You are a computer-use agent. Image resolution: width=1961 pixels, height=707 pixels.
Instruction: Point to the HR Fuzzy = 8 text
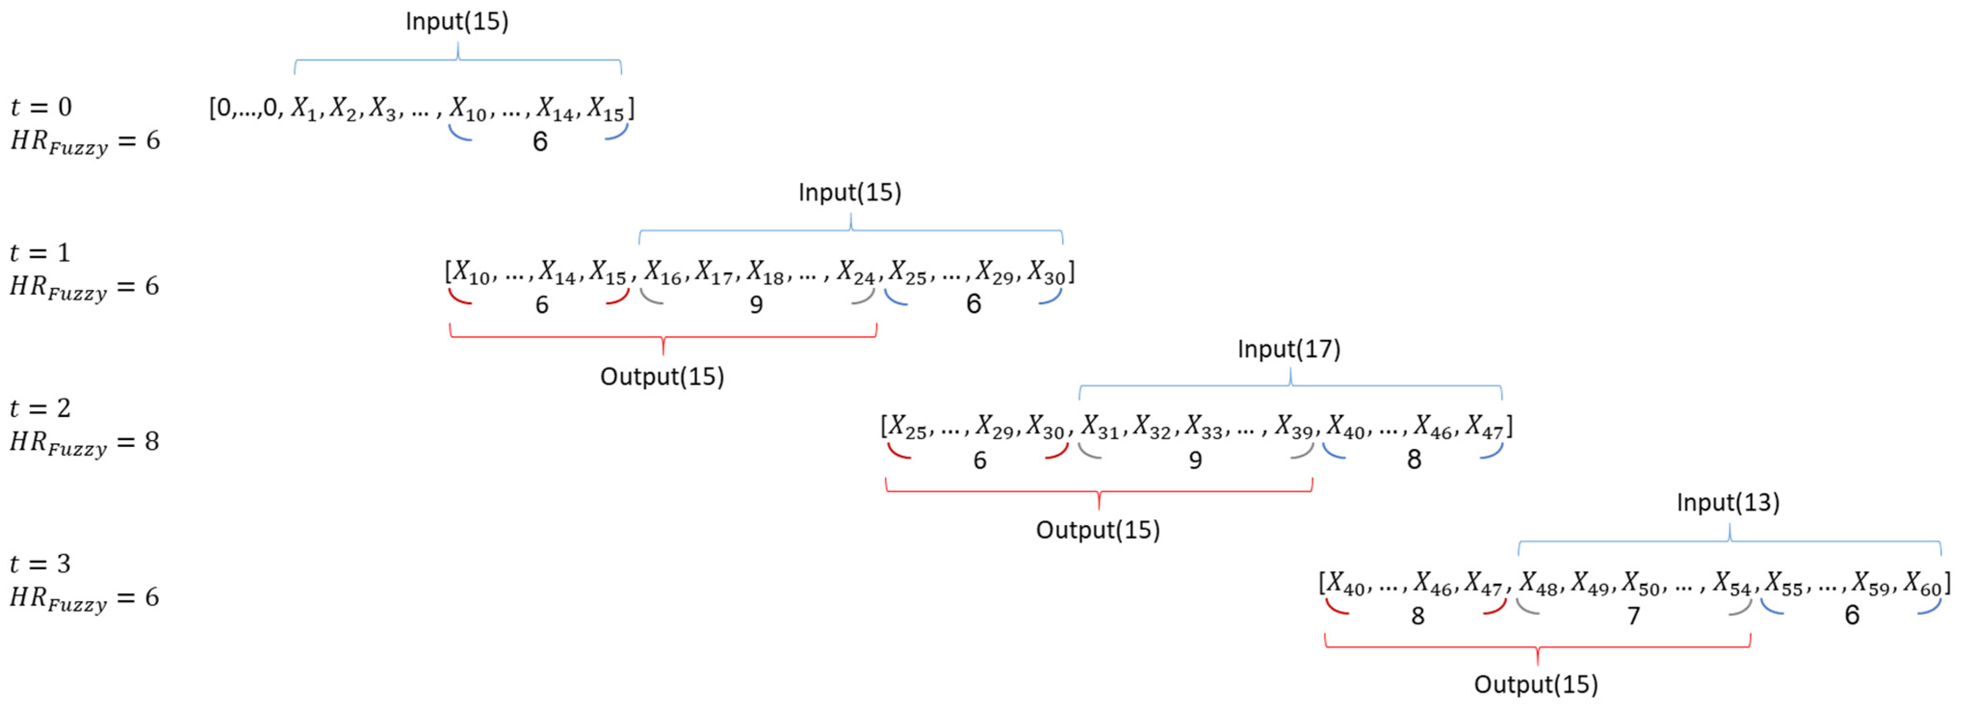pyautogui.click(x=84, y=443)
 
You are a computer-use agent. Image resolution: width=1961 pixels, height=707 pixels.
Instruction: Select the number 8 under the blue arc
pyautogui.click(x=1414, y=459)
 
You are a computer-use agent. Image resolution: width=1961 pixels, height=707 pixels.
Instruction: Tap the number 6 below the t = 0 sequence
pyautogui.click(x=540, y=142)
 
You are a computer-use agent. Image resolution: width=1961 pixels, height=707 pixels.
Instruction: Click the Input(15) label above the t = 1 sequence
pyautogui.click(x=850, y=192)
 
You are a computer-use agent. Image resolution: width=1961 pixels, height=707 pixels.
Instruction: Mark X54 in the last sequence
pyautogui.click(x=1732, y=584)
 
